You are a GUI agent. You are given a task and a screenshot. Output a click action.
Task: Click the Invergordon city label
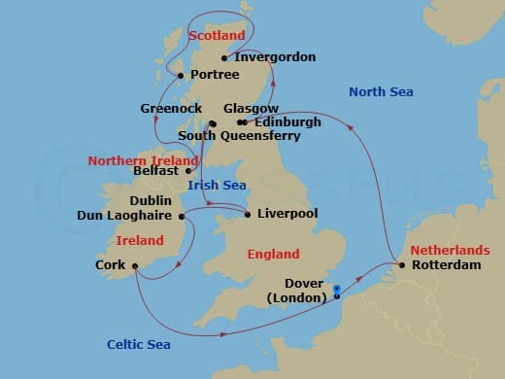(277, 57)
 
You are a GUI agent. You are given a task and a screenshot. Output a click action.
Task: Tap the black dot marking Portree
(181, 74)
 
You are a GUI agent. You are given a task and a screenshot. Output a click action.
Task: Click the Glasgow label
(251, 109)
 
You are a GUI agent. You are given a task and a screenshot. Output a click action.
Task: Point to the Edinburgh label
(286, 122)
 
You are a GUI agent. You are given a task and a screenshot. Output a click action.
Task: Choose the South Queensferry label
(239, 136)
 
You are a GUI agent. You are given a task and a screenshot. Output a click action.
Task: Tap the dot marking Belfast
(189, 170)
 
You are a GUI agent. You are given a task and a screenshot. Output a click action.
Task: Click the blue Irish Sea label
(217, 185)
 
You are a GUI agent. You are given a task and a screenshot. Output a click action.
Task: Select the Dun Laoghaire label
(124, 215)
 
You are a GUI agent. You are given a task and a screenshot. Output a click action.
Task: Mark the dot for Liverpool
(248, 214)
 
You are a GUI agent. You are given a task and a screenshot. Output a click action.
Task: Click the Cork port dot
(135, 264)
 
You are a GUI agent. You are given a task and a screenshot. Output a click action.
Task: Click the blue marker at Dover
(336, 289)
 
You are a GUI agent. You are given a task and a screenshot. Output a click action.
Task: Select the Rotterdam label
(446, 264)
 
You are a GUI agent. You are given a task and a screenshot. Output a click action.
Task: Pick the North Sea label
(381, 92)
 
